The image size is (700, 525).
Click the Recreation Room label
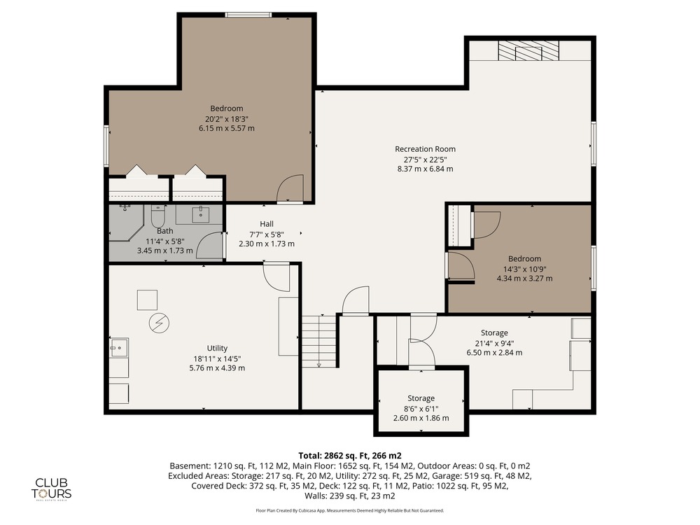coord(425,149)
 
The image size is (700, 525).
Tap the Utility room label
coord(217,348)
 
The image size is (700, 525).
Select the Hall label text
coord(267,224)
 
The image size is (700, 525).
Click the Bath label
coord(164,231)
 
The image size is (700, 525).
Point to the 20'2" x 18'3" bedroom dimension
coord(226,119)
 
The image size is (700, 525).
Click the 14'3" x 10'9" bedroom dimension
coord(524,269)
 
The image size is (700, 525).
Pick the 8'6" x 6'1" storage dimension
coord(421,409)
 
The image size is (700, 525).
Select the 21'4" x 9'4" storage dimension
coord(494,343)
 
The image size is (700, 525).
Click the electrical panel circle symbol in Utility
coord(159,323)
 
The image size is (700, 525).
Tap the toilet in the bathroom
coord(158,216)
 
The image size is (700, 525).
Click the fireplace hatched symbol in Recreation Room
coord(528,51)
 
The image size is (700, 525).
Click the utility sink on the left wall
coord(119,347)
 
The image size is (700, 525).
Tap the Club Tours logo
coord(51,489)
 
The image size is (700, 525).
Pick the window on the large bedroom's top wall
coord(248,15)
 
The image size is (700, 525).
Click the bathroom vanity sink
coord(201,214)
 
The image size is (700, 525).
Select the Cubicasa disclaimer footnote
coord(350,510)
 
